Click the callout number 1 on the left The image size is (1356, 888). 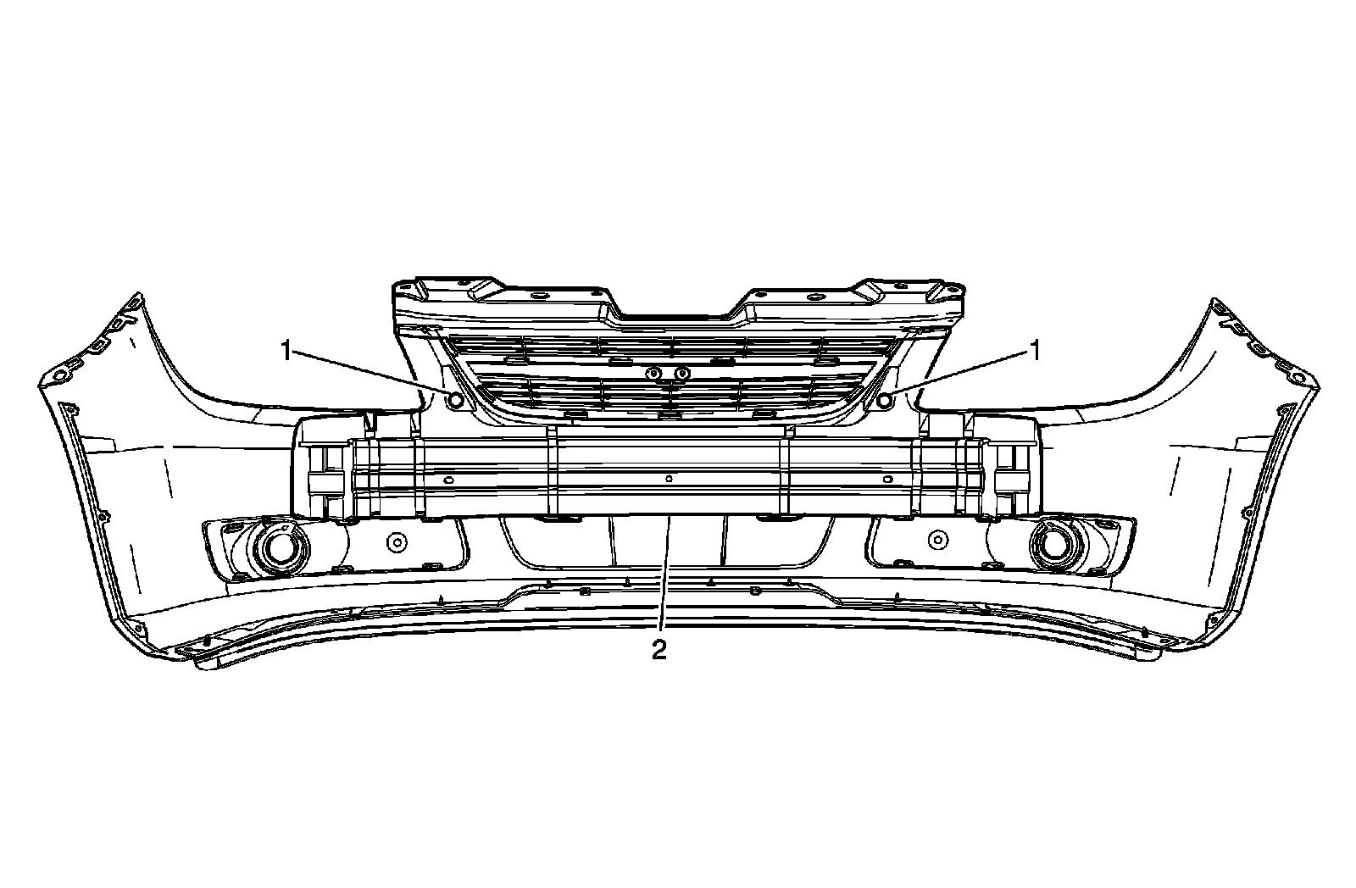point(287,349)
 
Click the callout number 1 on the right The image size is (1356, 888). point(1033,349)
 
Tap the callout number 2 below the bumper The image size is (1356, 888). point(659,651)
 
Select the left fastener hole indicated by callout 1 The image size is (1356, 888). point(456,399)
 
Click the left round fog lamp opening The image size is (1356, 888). point(277,548)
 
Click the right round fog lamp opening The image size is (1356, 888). point(1053,547)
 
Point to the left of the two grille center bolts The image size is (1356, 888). point(653,374)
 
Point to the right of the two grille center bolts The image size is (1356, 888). point(681,374)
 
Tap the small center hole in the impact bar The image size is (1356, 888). point(669,479)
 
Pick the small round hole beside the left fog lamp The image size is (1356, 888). point(395,540)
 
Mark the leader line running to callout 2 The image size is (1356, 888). point(665,576)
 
